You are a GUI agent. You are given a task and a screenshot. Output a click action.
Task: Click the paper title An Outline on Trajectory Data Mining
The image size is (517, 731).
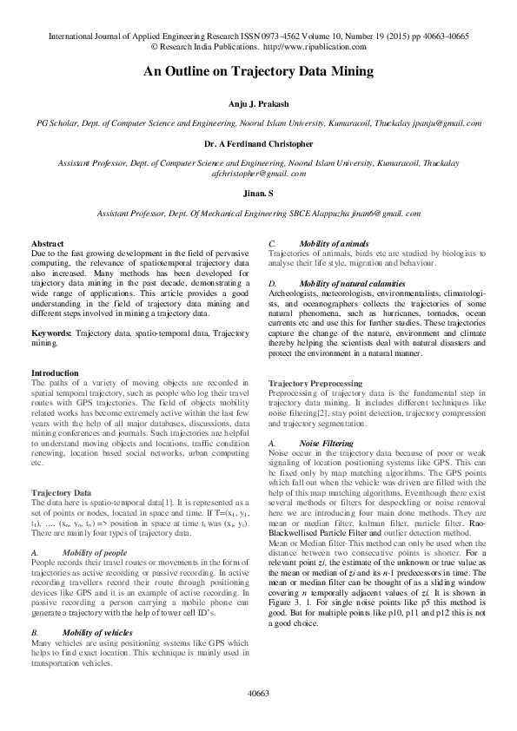[258, 72]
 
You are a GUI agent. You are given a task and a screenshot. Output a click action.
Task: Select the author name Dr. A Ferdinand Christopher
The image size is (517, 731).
[258, 143]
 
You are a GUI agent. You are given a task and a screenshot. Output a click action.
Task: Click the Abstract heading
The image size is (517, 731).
[47, 244]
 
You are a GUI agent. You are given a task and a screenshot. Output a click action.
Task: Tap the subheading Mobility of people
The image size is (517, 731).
[96, 551]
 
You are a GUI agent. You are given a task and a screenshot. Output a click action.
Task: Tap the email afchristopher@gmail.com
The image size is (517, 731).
[258, 174]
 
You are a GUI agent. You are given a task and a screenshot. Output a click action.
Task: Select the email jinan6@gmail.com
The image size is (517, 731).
[388, 212]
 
